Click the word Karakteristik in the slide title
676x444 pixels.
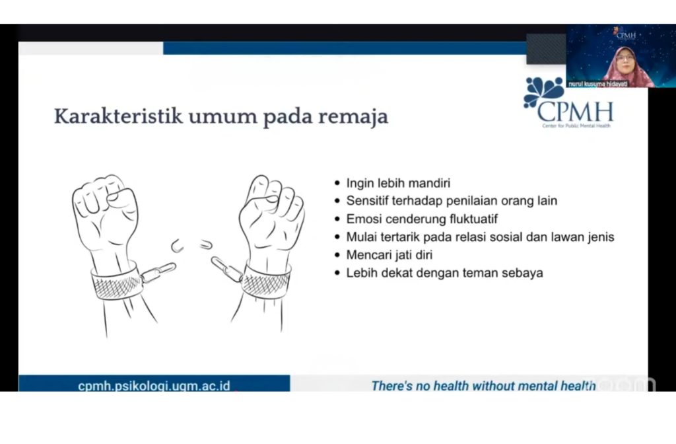coord(118,116)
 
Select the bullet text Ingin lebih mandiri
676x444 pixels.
coord(398,184)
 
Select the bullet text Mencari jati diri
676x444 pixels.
coord(389,255)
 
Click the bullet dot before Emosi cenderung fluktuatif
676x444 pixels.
coord(337,219)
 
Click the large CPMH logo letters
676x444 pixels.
coord(575,112)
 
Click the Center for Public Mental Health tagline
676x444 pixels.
coord(576,126)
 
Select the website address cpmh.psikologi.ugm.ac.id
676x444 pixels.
coord(154,386)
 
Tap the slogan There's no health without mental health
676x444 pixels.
coord(483,386)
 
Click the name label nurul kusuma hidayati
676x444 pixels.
coord(598,84)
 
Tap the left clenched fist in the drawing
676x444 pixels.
coord(106,211)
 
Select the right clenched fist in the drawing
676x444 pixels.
coord(271,212)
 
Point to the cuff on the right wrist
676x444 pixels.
coord(266,281)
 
